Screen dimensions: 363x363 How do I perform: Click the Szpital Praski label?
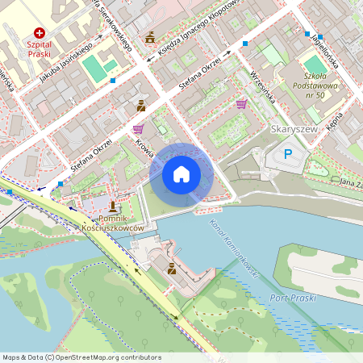pos(32,48)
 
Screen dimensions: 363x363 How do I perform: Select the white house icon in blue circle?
pos(181,173)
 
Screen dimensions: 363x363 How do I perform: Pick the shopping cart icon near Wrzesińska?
pos(242,103)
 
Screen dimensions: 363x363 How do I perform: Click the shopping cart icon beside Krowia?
pos(138,128)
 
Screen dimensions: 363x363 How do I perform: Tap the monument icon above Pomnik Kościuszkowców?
pos(111,207)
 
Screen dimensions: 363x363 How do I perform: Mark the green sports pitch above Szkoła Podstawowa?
pos(313,64)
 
